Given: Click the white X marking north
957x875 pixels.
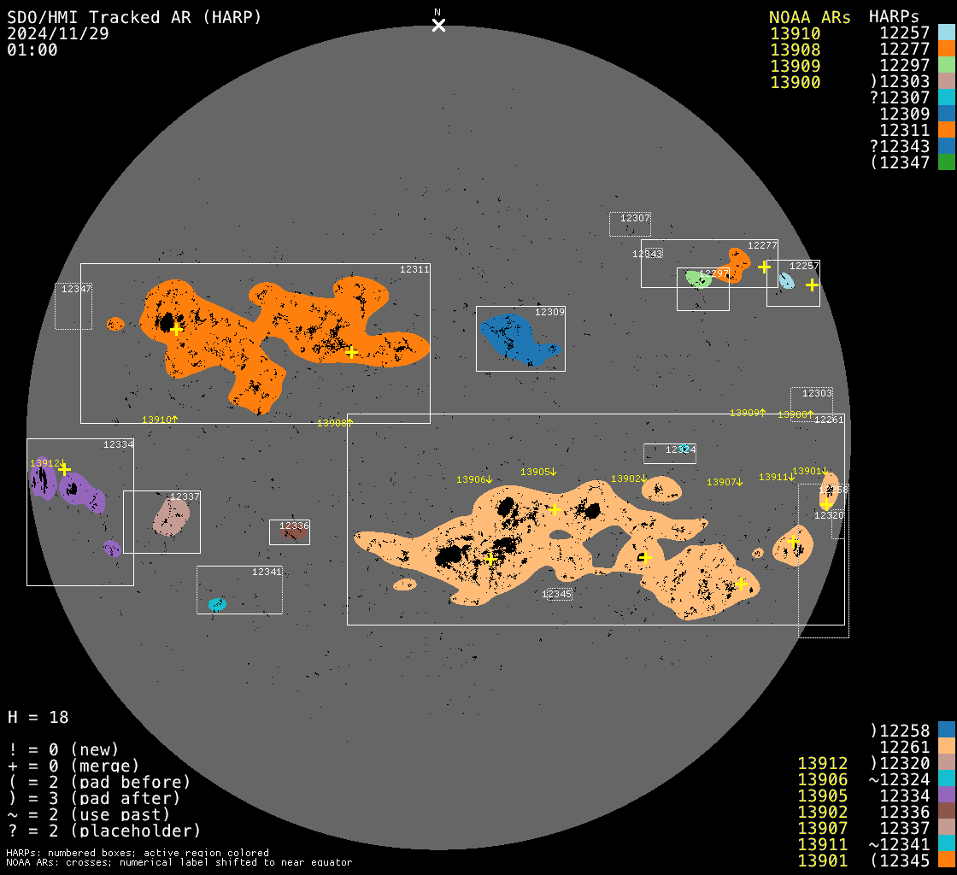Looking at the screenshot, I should [x=438, y=25].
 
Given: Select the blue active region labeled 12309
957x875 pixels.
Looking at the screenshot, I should [x=513, y=337].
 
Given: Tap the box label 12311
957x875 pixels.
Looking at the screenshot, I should [x=414, y=270].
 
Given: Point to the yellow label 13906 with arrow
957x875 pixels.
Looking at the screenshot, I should [x=472, y=479].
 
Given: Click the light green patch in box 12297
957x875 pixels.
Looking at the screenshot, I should [x=698, y=279].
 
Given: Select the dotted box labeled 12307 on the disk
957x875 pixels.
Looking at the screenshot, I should [x=630, y=224].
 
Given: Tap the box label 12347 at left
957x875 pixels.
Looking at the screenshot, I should [x=76, y=290].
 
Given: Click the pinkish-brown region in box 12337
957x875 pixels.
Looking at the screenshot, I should [x=171, y=517].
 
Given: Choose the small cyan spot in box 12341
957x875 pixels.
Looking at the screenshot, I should [x=217, y=604].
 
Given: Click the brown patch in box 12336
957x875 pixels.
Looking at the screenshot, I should [x=293, y=533].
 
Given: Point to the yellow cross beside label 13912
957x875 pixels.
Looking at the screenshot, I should [x=64, y=469].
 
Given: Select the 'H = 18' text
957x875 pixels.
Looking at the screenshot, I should [x=38, y=717].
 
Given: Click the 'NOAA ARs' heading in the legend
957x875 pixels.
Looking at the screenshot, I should [x=809, y=17].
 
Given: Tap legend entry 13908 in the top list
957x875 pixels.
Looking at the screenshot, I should [x=795, y=50].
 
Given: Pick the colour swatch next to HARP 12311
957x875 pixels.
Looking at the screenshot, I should [x=946, y=130].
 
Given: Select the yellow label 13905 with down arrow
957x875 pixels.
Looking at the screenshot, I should [x=538, y=472].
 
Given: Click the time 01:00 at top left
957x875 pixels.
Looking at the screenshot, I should [x=32, y=50].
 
